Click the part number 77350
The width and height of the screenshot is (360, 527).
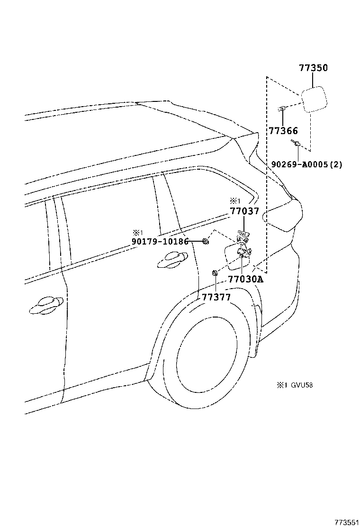313,68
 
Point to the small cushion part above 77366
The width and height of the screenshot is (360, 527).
281,109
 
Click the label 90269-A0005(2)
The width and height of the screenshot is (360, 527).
306,164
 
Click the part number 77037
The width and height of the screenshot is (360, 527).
244,211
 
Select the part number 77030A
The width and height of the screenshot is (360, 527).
245,279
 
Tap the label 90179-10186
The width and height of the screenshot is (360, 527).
160,242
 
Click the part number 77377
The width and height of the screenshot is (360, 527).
216,297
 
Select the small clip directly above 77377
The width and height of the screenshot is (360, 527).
215,273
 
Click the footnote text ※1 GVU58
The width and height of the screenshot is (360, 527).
295,385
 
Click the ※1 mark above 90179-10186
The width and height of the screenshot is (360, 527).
137,233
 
